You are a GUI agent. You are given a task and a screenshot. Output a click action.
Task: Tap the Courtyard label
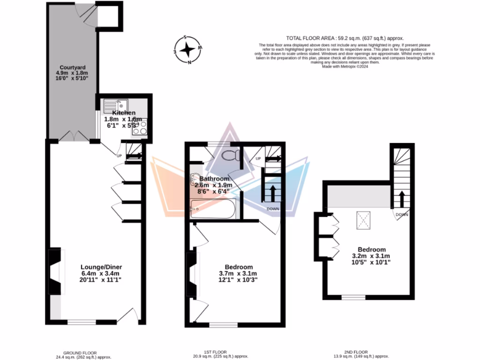click(73, 73)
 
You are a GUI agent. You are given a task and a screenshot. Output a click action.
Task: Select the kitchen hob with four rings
click(140, 127)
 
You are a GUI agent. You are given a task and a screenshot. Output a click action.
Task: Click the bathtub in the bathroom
click(213, 209)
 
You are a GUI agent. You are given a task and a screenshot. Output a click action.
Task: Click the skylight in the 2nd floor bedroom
click(363, 220)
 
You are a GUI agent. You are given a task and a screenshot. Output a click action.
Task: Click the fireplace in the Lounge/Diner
click(54, 272)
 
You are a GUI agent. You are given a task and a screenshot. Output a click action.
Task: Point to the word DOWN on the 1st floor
click(273, 209)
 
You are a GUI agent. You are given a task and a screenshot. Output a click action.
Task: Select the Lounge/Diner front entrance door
click(127, 316)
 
